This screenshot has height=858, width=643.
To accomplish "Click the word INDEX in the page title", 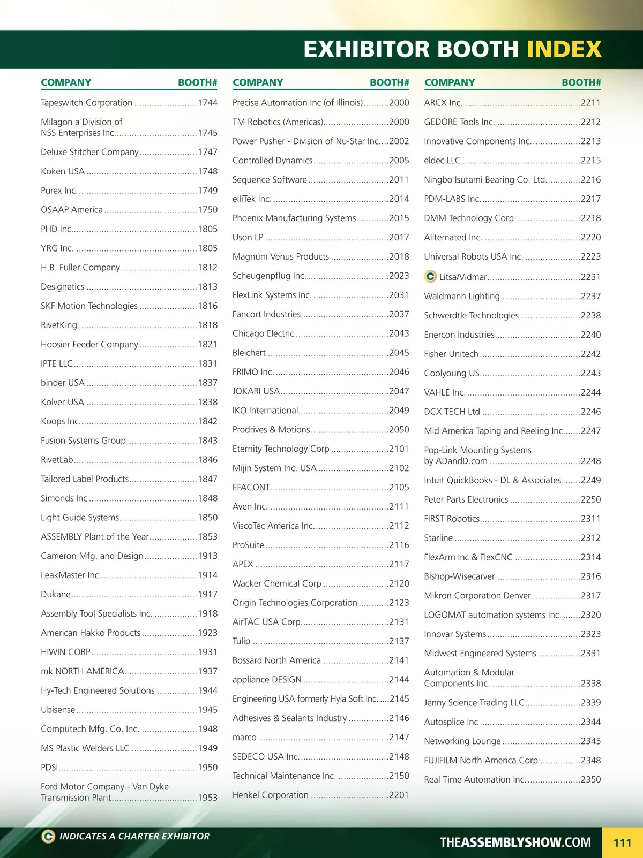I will (564, 49).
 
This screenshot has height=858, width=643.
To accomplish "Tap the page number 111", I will (622, 843).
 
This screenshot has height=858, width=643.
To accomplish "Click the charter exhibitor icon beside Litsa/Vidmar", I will (430, 276).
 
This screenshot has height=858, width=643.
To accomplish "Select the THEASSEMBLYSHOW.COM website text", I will (515, 842).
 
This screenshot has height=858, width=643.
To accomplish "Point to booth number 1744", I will (207, 103).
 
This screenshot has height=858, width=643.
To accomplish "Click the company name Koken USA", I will (63, 171).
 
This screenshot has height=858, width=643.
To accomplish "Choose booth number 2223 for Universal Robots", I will (590, 256).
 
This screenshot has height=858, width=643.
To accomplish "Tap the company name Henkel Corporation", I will (270, 795).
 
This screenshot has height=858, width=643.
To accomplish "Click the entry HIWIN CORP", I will (65, 652).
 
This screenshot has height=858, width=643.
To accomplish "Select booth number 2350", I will (590, 779).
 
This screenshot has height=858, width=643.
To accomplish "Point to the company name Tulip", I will (241, 641).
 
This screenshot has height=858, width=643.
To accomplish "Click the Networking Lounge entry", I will (462, 741).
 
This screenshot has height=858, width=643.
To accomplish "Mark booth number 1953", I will (207, 798).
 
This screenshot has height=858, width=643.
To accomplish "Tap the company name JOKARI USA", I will (256, 391).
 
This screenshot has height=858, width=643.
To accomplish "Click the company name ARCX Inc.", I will (443, 103).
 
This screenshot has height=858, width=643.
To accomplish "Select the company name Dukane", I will (56, 594).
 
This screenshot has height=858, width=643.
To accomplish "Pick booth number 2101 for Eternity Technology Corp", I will (399, 449).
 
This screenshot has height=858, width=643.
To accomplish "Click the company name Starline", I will (438, 538).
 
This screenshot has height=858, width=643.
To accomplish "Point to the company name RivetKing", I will (59, 325).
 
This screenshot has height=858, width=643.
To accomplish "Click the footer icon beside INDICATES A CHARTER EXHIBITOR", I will (48, 836).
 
